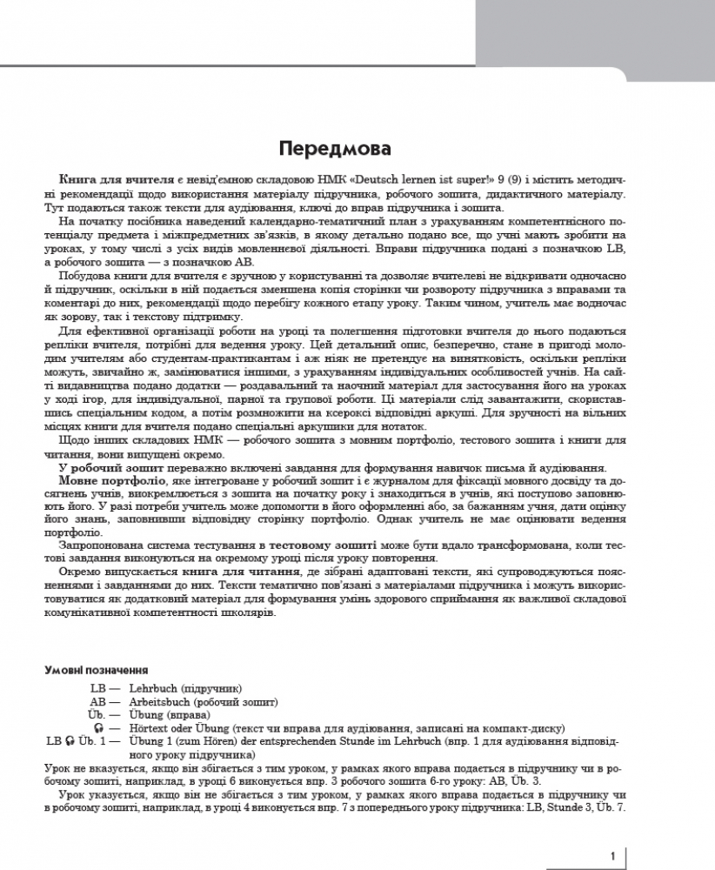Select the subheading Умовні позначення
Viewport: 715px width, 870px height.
(95, 671)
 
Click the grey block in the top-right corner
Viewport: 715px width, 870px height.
(600, 35)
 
